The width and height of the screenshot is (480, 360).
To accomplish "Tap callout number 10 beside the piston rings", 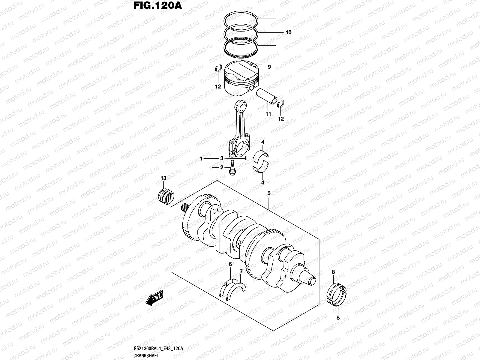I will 288,32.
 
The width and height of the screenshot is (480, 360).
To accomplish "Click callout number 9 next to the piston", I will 269,67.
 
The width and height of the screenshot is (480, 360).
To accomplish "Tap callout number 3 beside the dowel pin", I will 222,158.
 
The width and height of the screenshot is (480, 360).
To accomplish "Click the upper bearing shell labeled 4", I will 263,154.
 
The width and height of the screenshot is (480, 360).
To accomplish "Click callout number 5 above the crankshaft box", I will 269,193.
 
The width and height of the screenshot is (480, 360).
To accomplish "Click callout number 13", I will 163,178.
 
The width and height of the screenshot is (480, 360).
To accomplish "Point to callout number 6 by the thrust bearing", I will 230,264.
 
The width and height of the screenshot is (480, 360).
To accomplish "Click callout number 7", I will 241,271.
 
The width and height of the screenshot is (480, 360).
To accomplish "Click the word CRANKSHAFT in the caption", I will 145,355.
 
